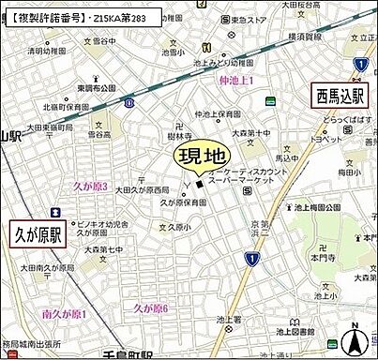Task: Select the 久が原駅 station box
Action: (x=37, y=234)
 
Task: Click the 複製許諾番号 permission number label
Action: (x=80, y=17)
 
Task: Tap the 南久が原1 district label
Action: (x=63, y=313)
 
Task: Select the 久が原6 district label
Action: (x=150, y=307)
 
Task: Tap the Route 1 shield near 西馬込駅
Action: (x=360, y=63)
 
